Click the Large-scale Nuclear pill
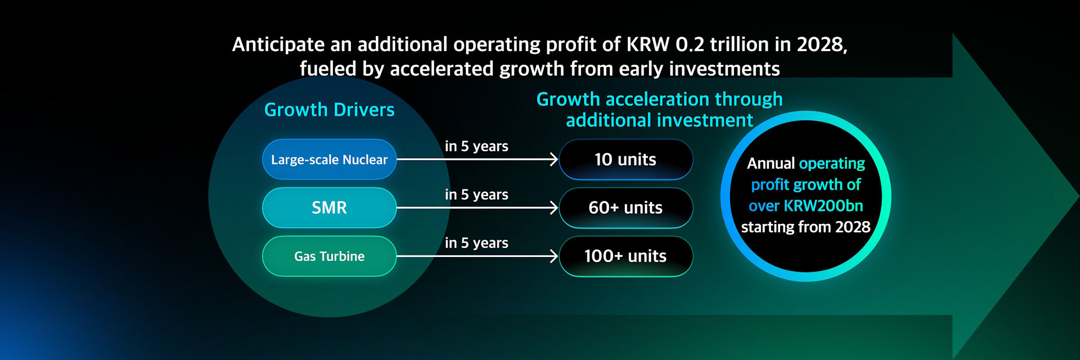point(329,159)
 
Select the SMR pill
point(329,208)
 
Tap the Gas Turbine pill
point(329,256)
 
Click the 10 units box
point(625,159)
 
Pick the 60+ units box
point(625,208)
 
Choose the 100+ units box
point(625,256)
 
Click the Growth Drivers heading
point(329,110)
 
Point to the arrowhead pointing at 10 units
point(553,159)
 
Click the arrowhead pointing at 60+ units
point(553,208)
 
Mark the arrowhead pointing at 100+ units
point(553,256)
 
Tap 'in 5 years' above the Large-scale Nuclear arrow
point(476,146)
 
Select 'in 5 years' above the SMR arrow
point(476,195)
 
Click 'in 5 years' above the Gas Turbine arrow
point(476,243)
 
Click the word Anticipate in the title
point(278,44)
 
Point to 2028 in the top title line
point(821,44)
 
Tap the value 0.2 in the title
point(690,44)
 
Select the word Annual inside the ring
point(771,163)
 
